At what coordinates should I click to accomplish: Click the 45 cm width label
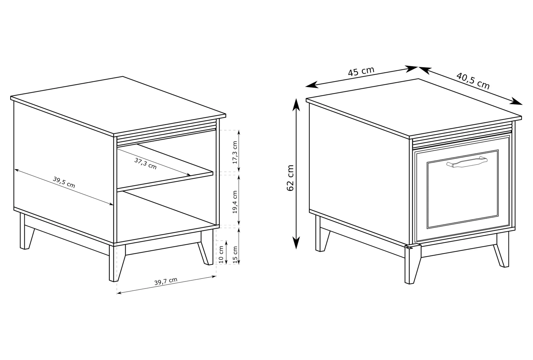(x=361, y=71)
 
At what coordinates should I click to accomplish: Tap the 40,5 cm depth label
(x=473, y=81)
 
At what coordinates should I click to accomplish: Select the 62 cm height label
(x=290, y=178)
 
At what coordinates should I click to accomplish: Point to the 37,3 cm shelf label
(x=146, y=164)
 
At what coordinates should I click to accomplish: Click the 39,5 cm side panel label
(x=64, y=182)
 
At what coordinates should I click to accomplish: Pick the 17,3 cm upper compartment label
(x=235, y=152)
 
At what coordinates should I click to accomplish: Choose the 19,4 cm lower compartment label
(x=235, y=202)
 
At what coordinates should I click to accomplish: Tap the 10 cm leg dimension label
(x=221, y=254)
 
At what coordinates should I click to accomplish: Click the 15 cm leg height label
(x=235, y=254)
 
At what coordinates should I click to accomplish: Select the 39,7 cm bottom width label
(x=166, y=281)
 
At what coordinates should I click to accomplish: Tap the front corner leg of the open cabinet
(x=117, y=263)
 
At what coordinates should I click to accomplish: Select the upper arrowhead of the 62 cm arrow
(x=296, y=105)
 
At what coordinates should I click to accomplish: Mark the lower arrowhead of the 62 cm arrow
(x=296, y=243)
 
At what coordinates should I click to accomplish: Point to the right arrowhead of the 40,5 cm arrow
(x=516, y=101)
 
